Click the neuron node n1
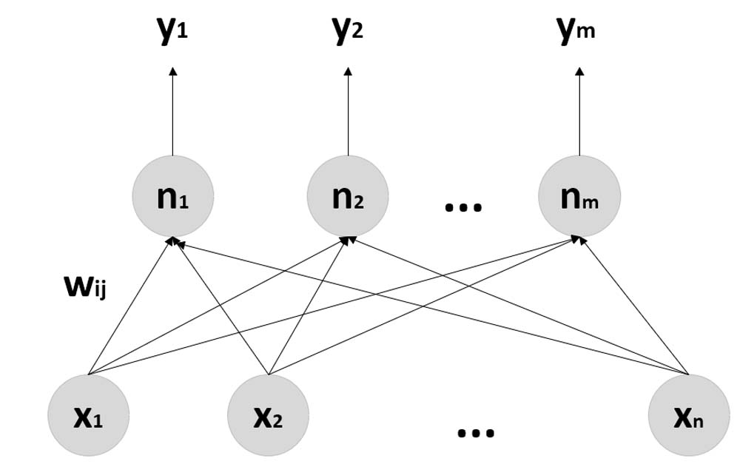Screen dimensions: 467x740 [172, 197]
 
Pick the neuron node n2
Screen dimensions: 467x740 [349, 197]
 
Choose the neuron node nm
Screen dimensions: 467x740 [579, 197]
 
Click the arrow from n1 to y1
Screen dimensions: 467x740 [172, 115]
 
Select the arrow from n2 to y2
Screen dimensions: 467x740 [349, 115]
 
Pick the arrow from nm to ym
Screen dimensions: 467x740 [579, 115]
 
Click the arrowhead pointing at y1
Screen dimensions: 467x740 [172, 71]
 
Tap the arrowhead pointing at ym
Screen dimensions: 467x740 [579, 71]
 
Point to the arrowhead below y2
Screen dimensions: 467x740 [349, 71]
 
